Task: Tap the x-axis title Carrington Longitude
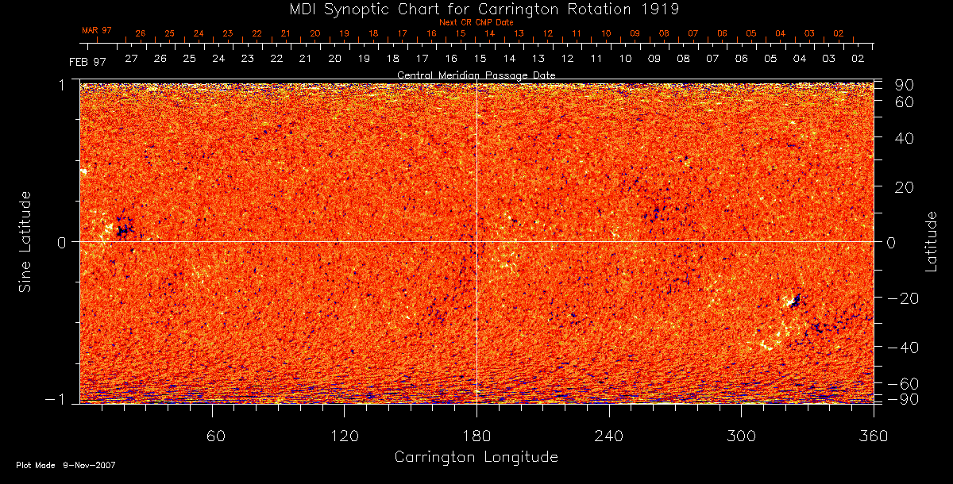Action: click(476, 457)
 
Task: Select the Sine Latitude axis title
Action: click(25, 240)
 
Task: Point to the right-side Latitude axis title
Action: click(932, 240)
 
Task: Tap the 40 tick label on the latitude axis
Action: click(906, 138)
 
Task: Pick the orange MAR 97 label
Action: click(97, 30)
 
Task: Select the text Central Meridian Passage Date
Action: click(476, 75)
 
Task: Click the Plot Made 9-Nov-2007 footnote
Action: click(66, 465)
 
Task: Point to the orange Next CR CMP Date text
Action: click(476, 22)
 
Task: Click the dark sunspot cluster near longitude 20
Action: click(122, 230)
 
